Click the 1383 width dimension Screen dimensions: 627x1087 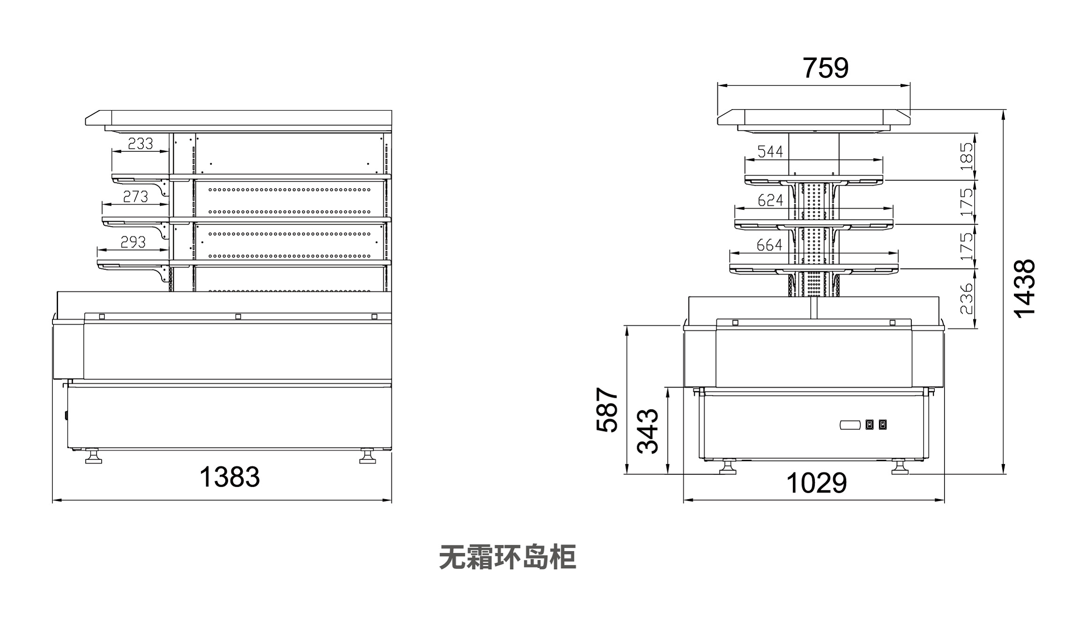pos(230,477)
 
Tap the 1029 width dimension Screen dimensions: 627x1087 pos(816,483)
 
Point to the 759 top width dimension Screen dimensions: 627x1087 pos(826,68)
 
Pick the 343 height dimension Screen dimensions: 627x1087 pos(648,431)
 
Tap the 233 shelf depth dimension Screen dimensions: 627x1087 pos(141,143)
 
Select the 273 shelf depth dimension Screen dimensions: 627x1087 pos(135,197)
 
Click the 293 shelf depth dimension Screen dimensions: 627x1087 pos(133,242)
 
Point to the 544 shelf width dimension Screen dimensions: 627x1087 pos(770,152)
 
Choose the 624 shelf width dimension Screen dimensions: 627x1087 pos(770,201)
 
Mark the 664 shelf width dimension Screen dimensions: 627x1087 pos(769,245)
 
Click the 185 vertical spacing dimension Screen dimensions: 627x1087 pos(967,156)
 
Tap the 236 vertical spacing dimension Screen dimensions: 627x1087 pos(967,298)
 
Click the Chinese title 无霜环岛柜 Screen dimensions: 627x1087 pos(507,557)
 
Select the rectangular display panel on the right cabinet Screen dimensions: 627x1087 pos(850,425)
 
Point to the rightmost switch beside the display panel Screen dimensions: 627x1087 pos(883,425)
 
